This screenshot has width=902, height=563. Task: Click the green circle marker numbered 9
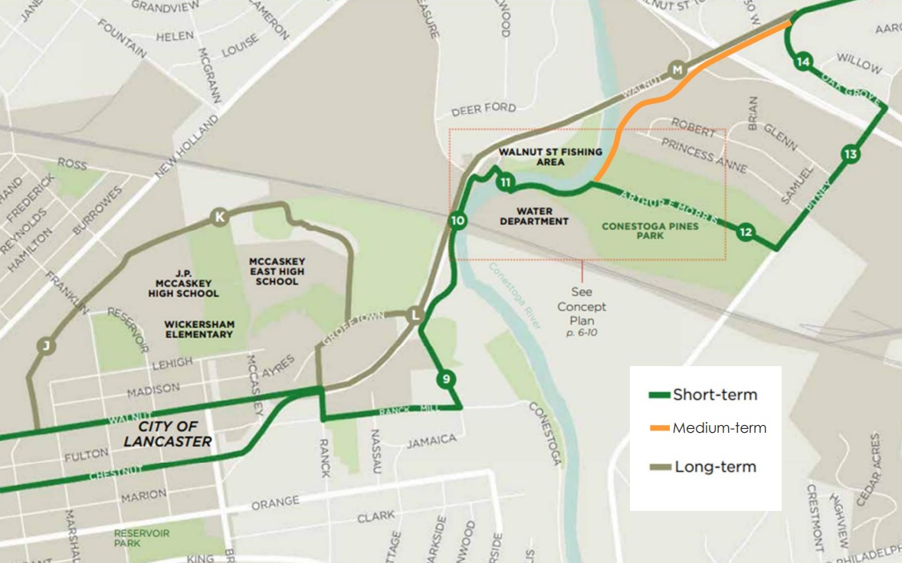(x=446, y=378)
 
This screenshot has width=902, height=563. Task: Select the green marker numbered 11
(x=504, y=182)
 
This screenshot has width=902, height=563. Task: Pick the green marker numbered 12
(x=745, y=232)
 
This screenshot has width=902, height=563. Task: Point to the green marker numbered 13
(x=849, y=155)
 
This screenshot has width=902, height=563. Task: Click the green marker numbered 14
(x=802, y=62)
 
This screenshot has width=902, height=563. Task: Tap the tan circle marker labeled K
(x=220, y=218)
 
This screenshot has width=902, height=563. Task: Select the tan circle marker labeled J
(x=46, y=347)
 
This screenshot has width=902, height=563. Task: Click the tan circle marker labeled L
(x=415, y=314)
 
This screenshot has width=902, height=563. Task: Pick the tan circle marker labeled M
(x=676, y=70)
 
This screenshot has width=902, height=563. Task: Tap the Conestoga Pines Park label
(x=650, y=231)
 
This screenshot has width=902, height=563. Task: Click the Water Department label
(x=534, y=216)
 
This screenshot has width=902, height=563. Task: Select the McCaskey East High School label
(x=277, y=271)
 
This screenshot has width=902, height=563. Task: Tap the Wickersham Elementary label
(x=198, y=329)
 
